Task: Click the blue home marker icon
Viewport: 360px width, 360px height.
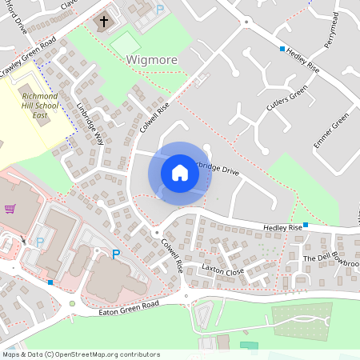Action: (179, 173)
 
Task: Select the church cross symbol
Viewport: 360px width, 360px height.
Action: (102, 21)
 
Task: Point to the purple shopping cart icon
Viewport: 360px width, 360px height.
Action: (10, 209)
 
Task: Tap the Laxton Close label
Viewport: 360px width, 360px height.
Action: (222, 270)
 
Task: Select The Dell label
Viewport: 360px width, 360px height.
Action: (317, 259)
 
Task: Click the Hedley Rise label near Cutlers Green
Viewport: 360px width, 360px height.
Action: (302, 60)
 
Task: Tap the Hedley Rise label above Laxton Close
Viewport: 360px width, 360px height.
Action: (282, 228)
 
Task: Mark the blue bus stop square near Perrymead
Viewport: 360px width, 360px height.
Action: (282, 49)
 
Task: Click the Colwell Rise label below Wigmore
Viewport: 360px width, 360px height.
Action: (154, 114)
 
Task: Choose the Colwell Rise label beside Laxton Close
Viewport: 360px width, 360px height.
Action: (172, 254)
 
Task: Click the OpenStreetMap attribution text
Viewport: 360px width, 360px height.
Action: (81, 354)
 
